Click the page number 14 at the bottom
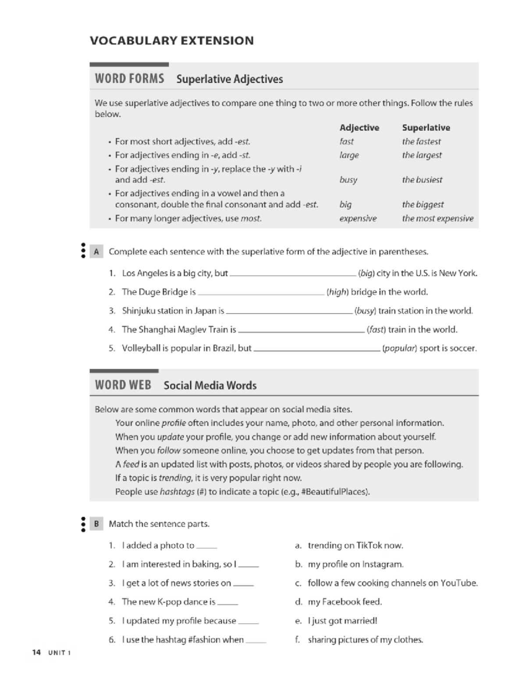tap(36, 652)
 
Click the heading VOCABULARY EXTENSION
tap(172, 41)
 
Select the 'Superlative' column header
tap(426, 128)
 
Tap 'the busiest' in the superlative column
tap(422, 180)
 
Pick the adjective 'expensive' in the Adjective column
tap(358, 218)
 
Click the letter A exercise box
tap(96, 252)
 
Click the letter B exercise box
tap(96, 524)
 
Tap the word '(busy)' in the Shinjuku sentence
tap(365, 311)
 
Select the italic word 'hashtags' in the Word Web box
tap(177, 492)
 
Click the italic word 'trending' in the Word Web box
tap(175, 478)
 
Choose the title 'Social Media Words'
tap(210, 385)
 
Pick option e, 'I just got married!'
tap(342, 620)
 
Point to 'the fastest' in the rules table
tap(421, 142)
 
